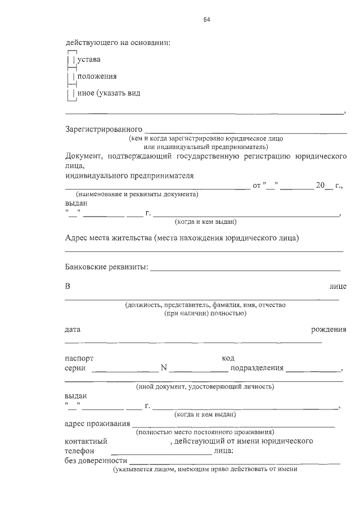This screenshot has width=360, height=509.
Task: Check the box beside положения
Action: coord(71,76)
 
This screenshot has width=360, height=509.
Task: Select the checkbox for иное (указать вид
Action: coord(71,93)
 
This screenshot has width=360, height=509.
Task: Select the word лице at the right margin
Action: coord(337,286)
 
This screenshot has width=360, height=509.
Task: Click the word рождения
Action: coord(328,328)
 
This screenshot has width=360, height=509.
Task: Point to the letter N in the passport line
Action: coord(164,368)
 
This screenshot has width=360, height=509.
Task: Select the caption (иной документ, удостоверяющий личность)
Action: coord(205,387)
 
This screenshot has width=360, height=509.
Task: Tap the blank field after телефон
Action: coord(161,451)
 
